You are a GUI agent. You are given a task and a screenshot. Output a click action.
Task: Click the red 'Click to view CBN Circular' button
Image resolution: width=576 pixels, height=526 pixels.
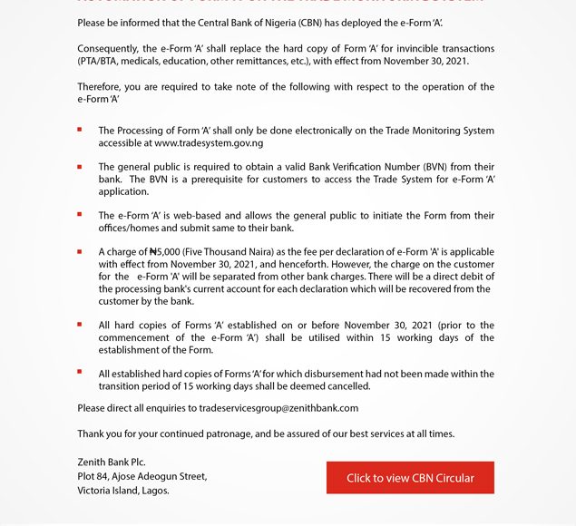[x=410, y=478]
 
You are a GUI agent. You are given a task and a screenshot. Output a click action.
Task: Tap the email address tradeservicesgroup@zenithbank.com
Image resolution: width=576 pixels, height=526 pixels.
[x=278, y=408]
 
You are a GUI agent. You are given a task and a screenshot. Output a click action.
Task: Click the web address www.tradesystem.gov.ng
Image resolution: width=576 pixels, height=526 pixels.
[x=209, y=143]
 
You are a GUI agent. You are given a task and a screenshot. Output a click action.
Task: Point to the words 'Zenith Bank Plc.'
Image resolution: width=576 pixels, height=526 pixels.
[x=112, y=463]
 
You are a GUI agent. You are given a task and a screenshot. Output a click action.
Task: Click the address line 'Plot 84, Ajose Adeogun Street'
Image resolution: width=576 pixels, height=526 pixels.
[x=142, y=476]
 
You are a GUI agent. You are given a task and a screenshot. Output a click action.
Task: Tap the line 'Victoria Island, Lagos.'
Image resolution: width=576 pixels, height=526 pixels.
[x=123, y=491]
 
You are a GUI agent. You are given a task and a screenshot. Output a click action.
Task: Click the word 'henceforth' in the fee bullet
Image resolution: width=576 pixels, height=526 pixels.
[x=288, y=264]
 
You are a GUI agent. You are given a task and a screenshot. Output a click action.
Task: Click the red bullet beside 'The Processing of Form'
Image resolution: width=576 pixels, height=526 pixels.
[x=80, y=130]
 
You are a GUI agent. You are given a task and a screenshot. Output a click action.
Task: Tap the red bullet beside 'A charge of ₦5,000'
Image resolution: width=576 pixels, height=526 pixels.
[x=80, y=251]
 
